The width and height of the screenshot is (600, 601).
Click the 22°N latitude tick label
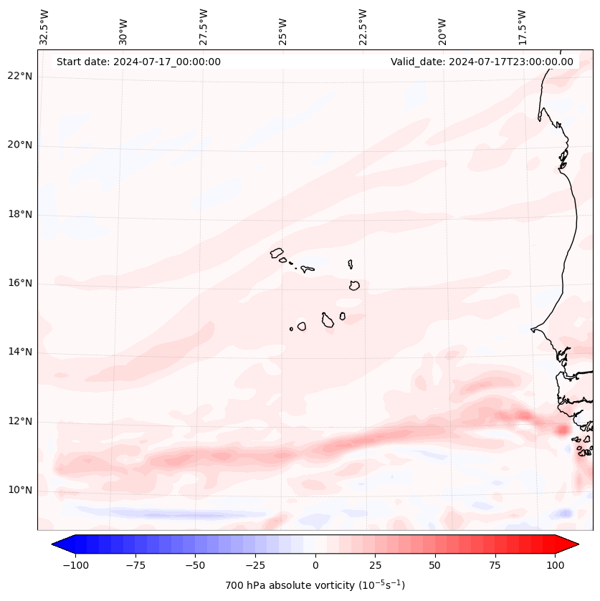point(20,77)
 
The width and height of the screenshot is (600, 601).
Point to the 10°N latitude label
point(20,491)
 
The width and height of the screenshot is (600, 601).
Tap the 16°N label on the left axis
point(20,284)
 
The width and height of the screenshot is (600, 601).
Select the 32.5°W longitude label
point(45,27)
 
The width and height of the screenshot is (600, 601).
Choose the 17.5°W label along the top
point(522,27)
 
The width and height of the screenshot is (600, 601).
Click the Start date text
point(138,62)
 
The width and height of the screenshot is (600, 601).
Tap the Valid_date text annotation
point(482,62)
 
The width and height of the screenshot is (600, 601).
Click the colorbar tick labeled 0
point(315,565)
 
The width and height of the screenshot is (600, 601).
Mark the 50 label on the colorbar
point(435,565)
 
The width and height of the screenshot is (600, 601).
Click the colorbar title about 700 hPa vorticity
point(315,585)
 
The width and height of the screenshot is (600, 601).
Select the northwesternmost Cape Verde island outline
point(277,253)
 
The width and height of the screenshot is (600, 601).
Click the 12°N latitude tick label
point(20,422)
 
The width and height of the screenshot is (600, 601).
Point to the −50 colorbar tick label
point(194,565)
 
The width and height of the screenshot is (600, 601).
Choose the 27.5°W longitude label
point(204,27)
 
